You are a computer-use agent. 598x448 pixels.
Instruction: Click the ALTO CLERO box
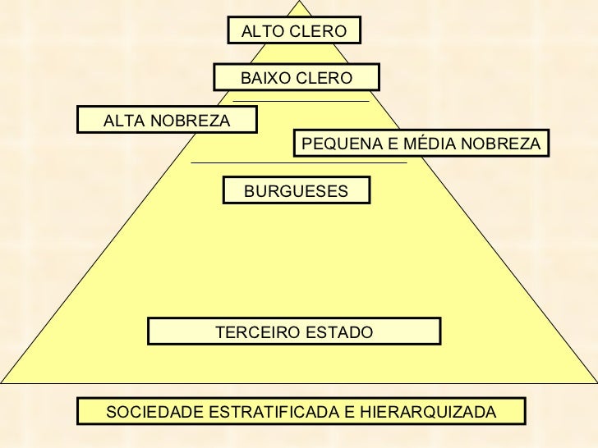click(x=294, y=31)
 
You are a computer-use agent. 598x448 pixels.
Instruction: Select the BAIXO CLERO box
click(x=296, y=78)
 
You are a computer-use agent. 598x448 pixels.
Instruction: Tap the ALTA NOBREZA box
click(x=167, y=120)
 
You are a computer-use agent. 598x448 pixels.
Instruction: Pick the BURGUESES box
click(x=296, y=190)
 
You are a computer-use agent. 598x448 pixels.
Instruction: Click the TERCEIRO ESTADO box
click(x=294, y=331)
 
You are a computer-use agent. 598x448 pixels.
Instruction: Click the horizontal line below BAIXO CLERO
click(x=301, y=101)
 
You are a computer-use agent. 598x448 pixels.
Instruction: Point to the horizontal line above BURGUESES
click(x=298, y=163)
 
